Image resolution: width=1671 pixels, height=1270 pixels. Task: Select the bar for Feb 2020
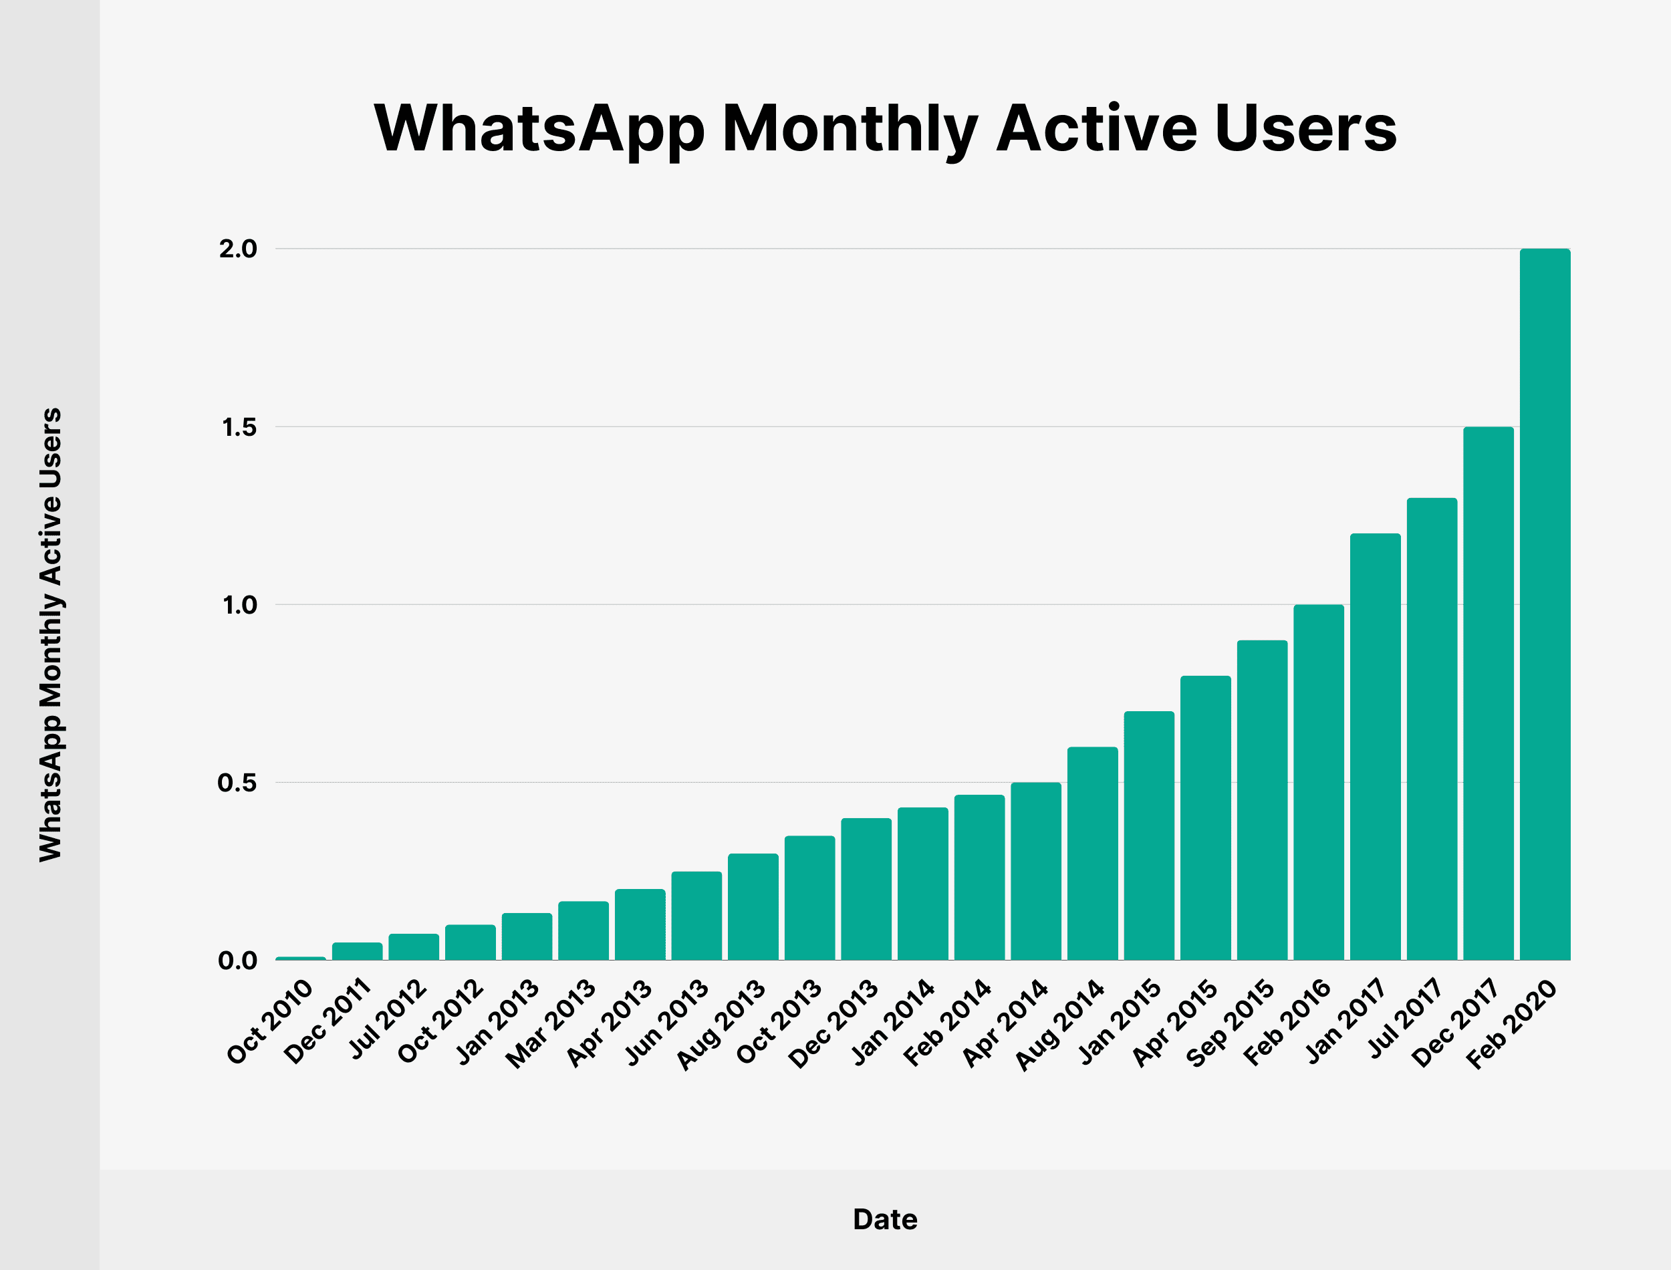(x=1545, y=605)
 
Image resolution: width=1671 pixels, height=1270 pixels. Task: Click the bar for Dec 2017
(x=1488, y=694)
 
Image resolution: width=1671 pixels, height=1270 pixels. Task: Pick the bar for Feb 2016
(x=1319, y=783)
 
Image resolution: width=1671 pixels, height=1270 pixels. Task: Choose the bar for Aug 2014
(x=1092, y=854)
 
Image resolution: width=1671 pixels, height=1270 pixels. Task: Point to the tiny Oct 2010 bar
(x=301, y=958)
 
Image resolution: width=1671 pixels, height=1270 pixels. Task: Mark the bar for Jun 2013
(x=696, y=916)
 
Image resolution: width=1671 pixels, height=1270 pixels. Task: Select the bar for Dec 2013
(x=866, y=889)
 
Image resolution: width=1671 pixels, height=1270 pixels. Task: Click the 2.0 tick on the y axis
(x=238, y=249)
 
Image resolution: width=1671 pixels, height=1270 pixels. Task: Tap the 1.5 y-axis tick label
(x=239, y=427)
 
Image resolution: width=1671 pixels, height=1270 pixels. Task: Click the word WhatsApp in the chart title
(x=539, y=128)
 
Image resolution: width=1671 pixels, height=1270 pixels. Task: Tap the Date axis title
(x=885, y=1219)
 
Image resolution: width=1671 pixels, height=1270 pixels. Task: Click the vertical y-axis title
(x=51, y=635)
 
